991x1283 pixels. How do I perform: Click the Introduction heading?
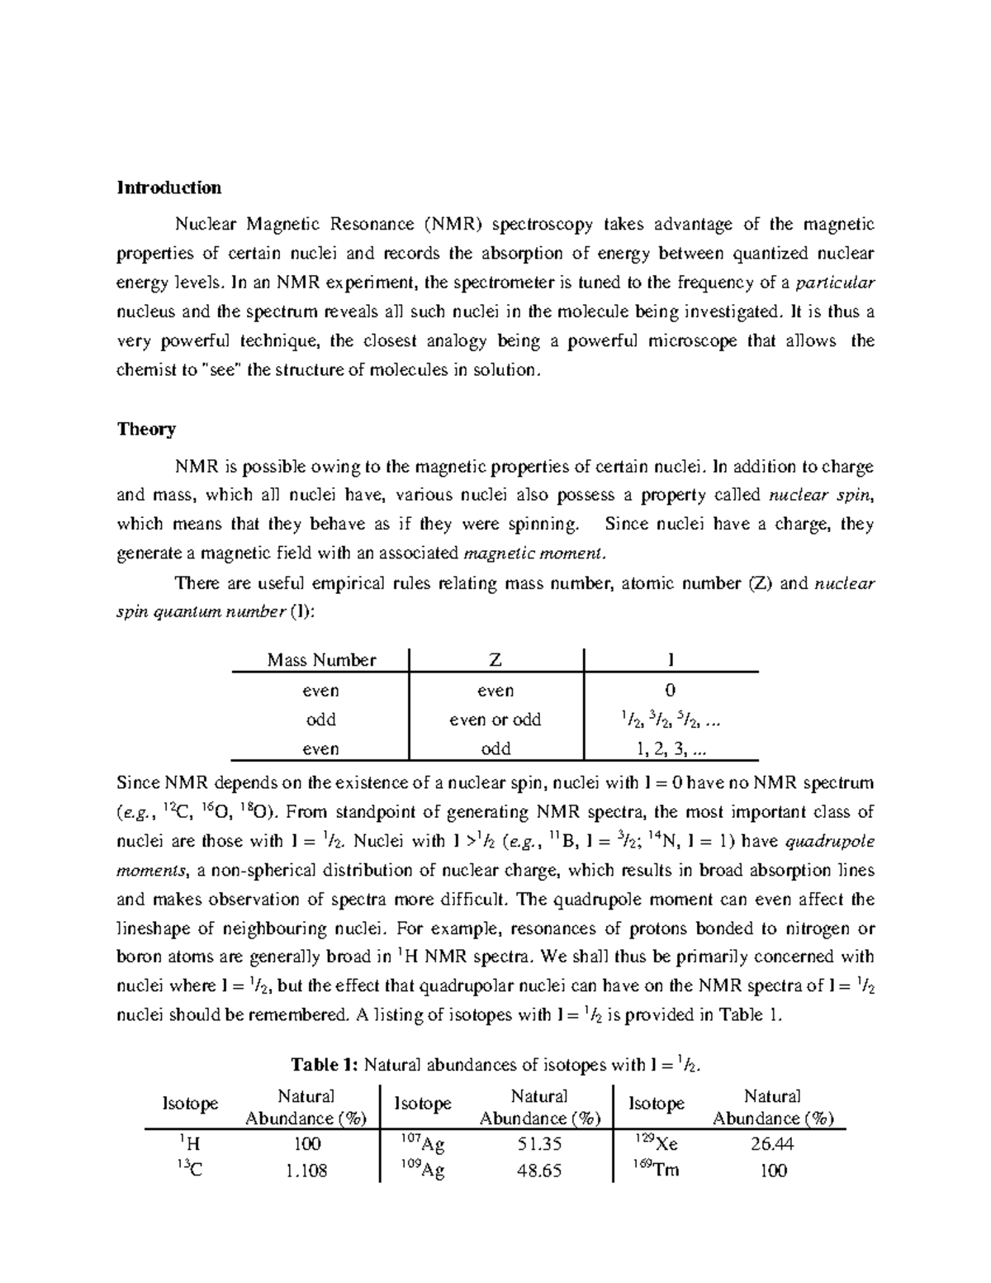point(169,188)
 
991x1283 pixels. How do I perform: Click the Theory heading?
point(146,429)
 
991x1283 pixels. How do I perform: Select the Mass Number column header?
point(321,660)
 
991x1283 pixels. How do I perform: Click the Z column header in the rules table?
point(495,660)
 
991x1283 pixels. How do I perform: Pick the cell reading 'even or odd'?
point(495,720)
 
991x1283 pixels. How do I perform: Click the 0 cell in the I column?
point(670,691)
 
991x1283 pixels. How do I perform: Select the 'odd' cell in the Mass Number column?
point(321,720)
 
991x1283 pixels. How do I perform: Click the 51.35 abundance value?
point(538,1144)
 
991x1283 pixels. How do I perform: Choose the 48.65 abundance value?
point(538,1171)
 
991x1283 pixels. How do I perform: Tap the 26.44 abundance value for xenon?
point(772,1144)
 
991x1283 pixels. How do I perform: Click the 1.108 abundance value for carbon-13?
point(305,1171)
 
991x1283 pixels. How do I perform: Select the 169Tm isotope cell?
point(657,1170)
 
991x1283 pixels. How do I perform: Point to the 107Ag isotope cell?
point(422,1144)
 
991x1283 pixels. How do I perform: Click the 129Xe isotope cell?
point(657,1144)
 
